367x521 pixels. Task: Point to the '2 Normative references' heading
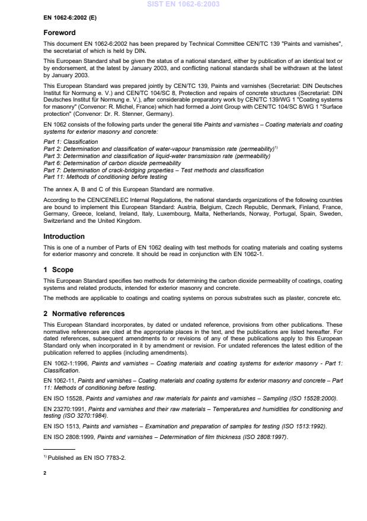click(83, 313)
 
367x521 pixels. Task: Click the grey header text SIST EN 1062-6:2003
click(183, 5)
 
